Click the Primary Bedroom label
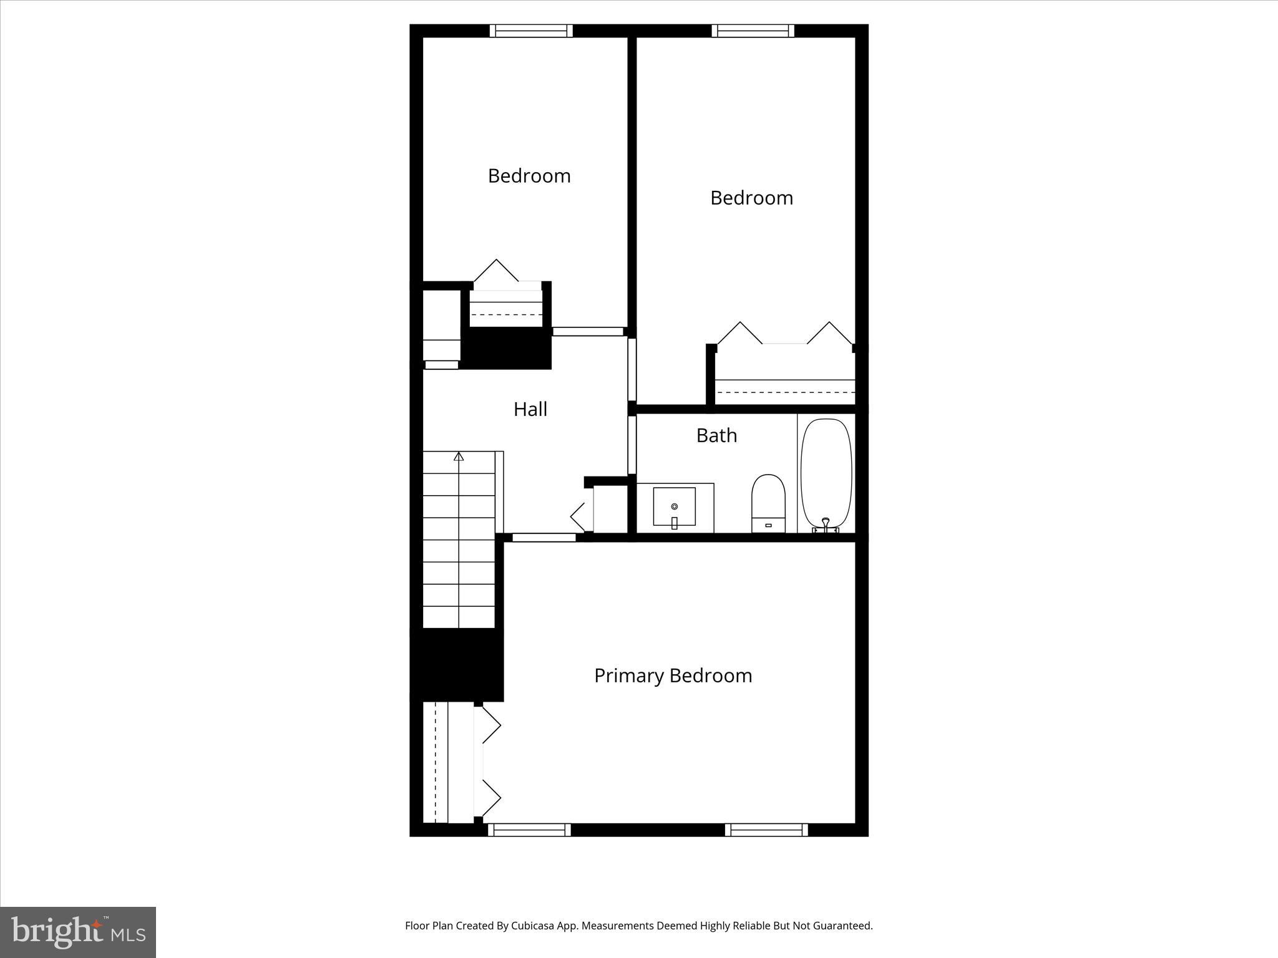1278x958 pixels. pos(673,675)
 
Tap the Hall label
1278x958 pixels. pos(530,409)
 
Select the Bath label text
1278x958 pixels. pos(716,435)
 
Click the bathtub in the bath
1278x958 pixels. pos(826,473)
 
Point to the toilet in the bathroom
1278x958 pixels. pos(768,503)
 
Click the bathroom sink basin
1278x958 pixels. pos(674,506)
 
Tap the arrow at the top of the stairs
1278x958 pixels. pos(459,457)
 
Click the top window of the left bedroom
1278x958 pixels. pos(531,31)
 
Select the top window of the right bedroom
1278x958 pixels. pos(753,31)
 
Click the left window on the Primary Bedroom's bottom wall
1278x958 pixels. pos(529,830)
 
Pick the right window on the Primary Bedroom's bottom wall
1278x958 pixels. pos(766,830)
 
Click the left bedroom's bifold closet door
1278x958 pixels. pos(497,272)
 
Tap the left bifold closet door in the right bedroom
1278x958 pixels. pos(739,334)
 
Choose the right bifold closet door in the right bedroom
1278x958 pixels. pos(829,334)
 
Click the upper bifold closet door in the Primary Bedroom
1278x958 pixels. pos(491,725)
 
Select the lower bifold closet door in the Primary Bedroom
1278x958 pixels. pos(491,798)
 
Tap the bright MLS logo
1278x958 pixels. pos(78,932)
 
